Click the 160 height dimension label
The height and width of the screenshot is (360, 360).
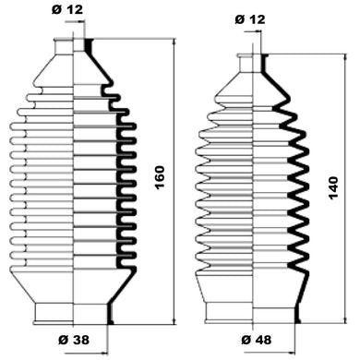click(160, 177)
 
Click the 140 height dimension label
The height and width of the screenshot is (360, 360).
click(333, 188)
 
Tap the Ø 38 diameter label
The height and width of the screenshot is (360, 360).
click(74, 340)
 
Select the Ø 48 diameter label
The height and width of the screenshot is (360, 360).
click(257, 340)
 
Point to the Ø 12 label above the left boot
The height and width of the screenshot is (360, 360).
click(67, 10)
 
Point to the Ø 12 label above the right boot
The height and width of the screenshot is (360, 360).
click(250, 19)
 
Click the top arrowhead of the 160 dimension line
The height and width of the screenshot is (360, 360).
click(174, 42)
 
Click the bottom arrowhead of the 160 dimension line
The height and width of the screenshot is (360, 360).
click(174, 320)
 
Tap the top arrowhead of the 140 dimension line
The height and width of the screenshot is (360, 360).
click(346, 58)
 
